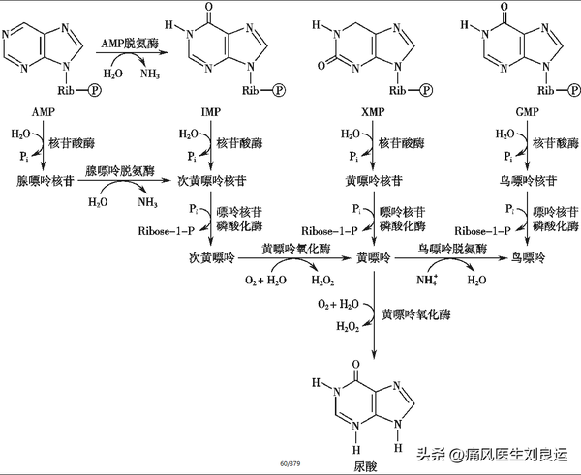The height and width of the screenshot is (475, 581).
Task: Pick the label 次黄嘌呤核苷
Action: coord(209,180)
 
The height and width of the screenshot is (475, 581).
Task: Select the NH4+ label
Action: coord(426,280)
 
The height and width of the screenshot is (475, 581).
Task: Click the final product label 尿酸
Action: coord(365,465)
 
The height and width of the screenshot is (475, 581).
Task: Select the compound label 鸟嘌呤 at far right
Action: coord(529,258)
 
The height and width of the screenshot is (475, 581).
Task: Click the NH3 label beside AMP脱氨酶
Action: coord(153,74)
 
